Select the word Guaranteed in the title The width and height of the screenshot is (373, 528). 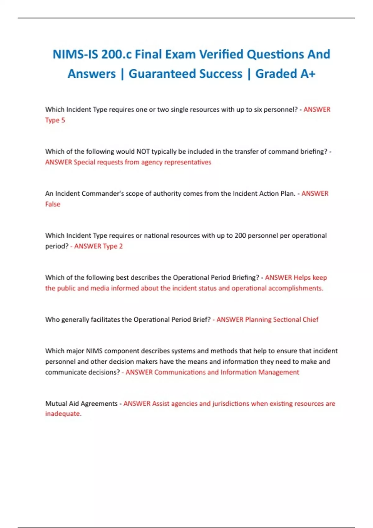185,74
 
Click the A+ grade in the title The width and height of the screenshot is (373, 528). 308,74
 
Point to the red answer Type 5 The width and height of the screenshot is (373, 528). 55,120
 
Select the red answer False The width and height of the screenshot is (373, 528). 53,204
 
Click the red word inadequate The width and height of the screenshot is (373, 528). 63,414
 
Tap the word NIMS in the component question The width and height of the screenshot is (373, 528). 94,351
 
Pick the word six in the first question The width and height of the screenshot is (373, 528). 258,109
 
